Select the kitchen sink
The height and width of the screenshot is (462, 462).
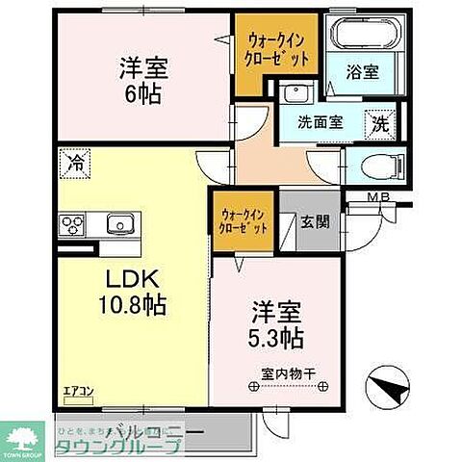pos(120,223)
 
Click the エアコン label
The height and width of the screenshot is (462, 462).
pos(76,390)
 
